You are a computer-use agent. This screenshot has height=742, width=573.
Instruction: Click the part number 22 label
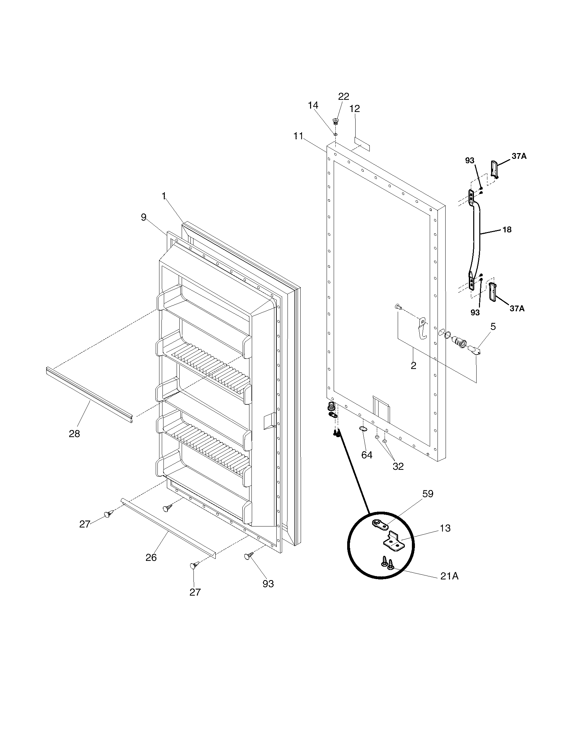(x=343, y=96)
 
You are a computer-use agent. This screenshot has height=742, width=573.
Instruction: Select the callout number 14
(x=313, y=105)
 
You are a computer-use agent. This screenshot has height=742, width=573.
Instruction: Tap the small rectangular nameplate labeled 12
(x=362, y=145)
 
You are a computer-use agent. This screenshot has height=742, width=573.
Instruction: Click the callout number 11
(x=298, y=136)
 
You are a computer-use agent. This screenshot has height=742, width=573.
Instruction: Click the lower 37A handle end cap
(x=492, y=291)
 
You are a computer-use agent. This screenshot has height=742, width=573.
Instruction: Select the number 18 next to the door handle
(x=507, y=230)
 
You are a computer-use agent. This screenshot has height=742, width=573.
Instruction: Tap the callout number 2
(x=413, y=366)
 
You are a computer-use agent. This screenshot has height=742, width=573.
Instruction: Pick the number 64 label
(x=367, y=455)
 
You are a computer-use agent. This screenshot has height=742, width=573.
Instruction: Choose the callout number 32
(x=398, y=466)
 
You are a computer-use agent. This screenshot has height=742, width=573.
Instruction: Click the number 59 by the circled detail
(x=428, y=494)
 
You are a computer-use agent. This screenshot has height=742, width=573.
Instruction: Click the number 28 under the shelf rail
(x=74, y=433)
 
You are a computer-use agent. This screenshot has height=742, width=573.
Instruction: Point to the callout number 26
(x=151, y=557)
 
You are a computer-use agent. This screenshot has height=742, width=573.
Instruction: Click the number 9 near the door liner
(x=144, y=217)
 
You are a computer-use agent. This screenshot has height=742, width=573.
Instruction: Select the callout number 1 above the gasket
(x=163, y=196)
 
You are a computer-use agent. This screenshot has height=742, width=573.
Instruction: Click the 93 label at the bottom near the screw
(x=268, y=584)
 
